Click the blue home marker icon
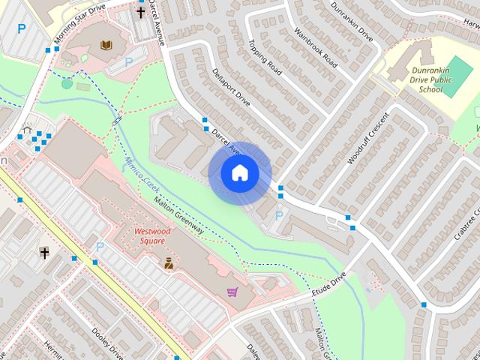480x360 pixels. [240, 173]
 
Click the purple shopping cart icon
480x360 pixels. [232, 292]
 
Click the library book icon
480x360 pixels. [106, 45]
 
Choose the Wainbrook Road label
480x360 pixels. [316, 48]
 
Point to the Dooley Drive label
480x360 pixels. [107, 340]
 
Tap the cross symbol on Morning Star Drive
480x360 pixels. [140, 12]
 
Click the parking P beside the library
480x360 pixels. [129, 61]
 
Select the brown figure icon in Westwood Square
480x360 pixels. [169, 262]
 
